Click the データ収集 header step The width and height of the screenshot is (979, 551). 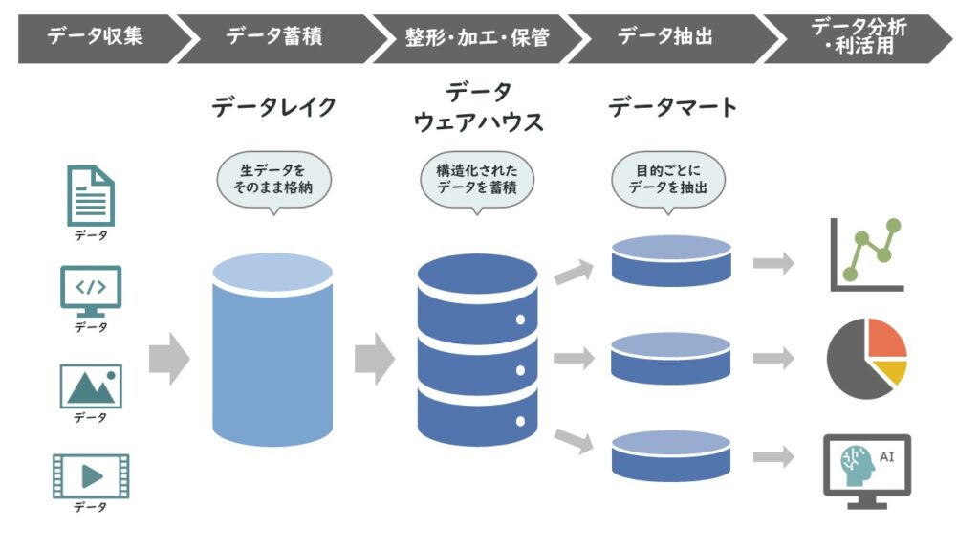click(91, 38)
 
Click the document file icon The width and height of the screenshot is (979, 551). click(91, 195)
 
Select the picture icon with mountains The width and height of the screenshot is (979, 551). click(91, 386)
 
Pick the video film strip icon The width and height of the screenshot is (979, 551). click(91, 475)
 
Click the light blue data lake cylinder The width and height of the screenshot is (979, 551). click(273, 354)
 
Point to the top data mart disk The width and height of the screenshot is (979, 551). click(671, 260)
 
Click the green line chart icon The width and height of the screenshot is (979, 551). click(865, 254)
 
